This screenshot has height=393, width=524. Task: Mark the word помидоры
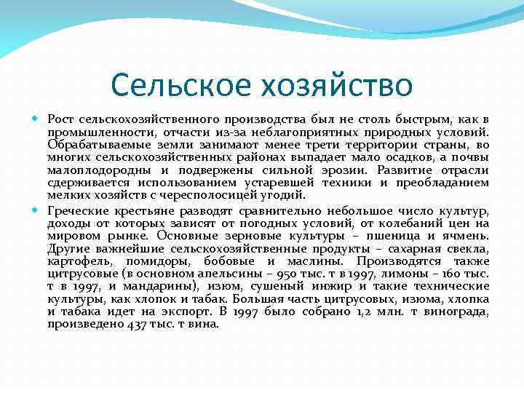click(x=156, y=261)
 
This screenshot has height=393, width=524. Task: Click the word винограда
click(x=460, y=311)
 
